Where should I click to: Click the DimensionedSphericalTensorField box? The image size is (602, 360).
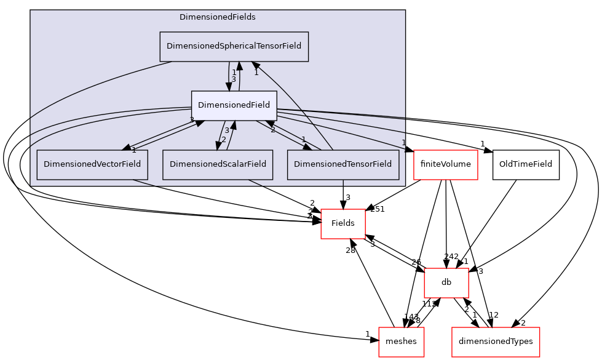[234, 47]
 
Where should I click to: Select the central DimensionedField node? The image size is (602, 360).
[234, 105]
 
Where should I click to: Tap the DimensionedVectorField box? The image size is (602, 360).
[92, 164]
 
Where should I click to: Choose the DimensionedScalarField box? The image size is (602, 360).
[218, 164]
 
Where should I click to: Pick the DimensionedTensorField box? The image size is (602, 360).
[343, 164]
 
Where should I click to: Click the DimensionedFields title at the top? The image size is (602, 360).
[217, 17]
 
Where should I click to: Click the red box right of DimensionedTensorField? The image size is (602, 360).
[445, 165]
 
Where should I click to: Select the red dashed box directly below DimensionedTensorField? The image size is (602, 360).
[343, 223]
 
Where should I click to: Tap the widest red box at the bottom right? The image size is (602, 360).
[495, 342]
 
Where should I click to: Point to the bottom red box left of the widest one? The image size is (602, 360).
[401, 342]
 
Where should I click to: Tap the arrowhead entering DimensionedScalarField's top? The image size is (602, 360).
[216, 145]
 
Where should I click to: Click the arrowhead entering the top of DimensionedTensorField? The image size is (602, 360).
[306, 146]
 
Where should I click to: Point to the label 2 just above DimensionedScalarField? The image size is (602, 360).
[224, 139]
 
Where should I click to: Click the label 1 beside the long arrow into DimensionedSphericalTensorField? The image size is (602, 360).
[256, 73]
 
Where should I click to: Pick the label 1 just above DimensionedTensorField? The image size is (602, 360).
[303, 139]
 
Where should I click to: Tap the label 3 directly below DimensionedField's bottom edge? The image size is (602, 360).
[226, 130]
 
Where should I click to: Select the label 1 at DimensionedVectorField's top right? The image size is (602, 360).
[133, 150]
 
